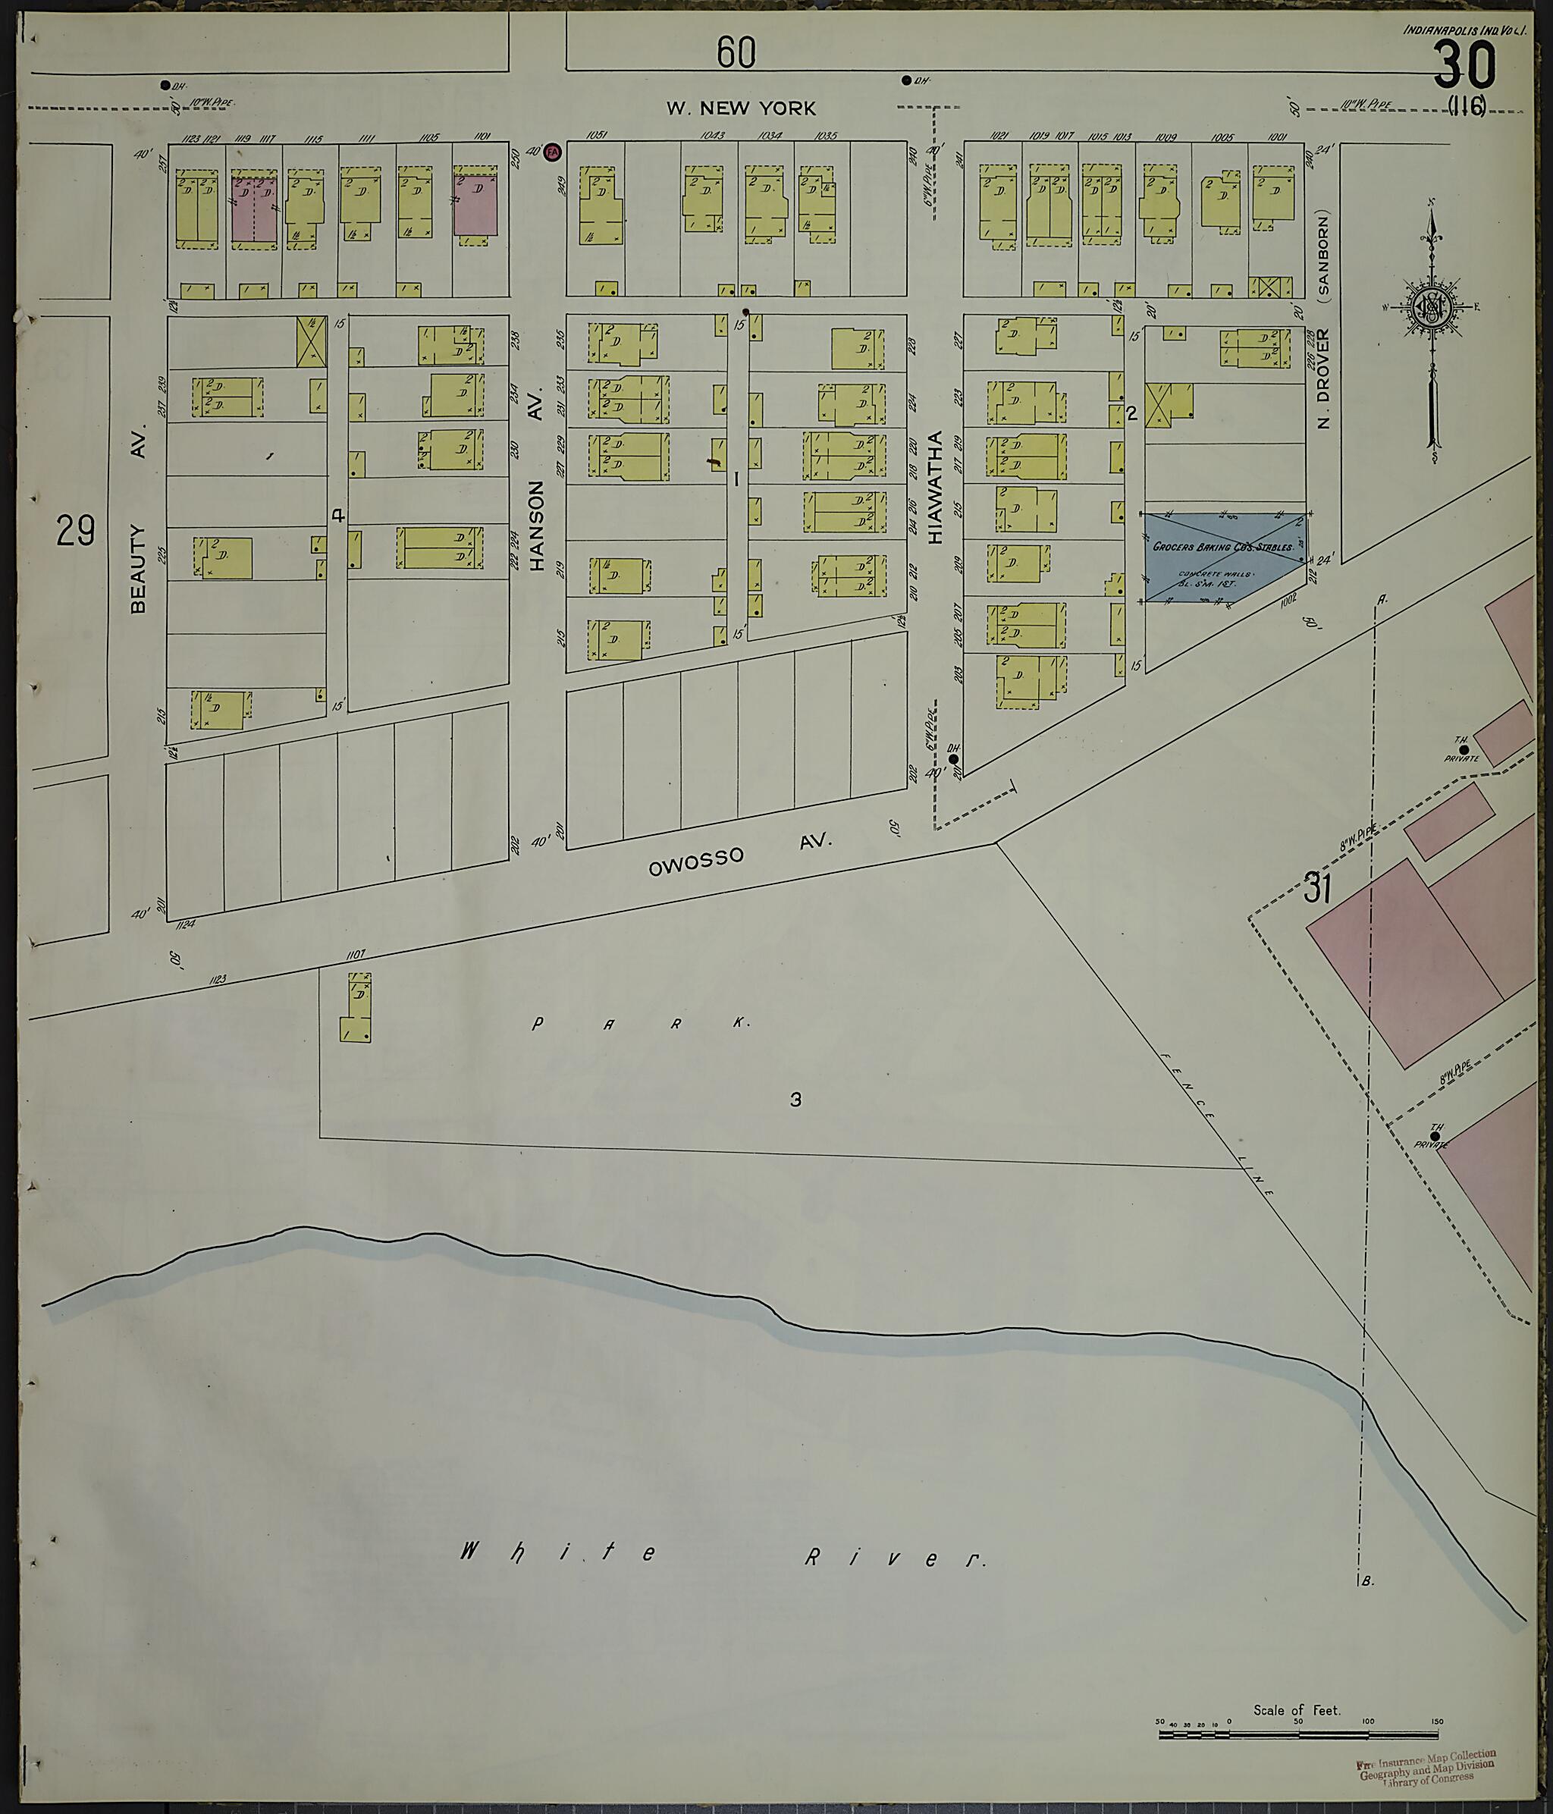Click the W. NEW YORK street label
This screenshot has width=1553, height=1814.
tap(741, 108)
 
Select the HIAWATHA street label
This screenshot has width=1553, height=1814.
tap(935, 487)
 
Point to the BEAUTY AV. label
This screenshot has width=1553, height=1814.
tap(137, 520)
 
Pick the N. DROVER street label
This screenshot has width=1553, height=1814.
tap(1324, 378)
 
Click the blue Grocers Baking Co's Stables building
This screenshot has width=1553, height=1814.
tap(1225, 557)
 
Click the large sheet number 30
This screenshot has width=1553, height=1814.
tap(1464, 67)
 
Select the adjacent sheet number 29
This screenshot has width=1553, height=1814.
tap(75, 531)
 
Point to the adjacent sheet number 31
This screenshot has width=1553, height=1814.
tap(1316, 888)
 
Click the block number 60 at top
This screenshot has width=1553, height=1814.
tap(736, 52)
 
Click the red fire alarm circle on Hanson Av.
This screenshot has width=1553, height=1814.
tap(552, 152)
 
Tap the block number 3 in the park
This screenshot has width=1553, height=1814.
tap(795, 1100)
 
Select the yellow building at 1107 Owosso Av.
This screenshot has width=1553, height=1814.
tap(356, 1009)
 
